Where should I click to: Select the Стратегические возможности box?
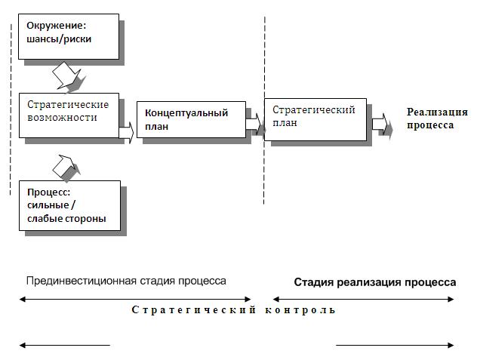[69, 115]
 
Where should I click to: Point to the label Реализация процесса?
[437, 119]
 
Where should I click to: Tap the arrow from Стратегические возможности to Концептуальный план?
[126, 132]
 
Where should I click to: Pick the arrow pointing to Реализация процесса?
[383, 124]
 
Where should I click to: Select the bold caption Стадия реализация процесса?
[374, 282]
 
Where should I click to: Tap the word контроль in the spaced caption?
[300, 310]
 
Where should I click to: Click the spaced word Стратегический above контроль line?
[192, 310]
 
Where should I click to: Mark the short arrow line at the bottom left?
[65, 346]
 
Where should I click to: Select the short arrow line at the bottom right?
[395, 346]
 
